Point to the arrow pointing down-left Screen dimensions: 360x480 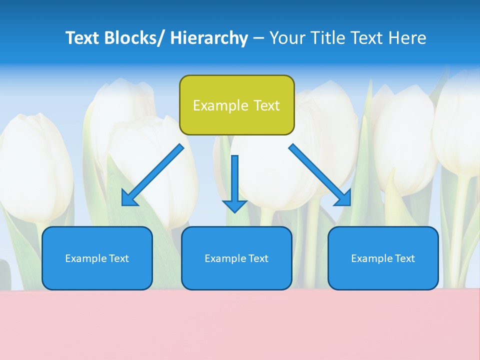(x=152, y=175)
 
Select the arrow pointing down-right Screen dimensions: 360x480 (x=320, y=175)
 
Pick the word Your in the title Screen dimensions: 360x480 (x=286, y=38)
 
